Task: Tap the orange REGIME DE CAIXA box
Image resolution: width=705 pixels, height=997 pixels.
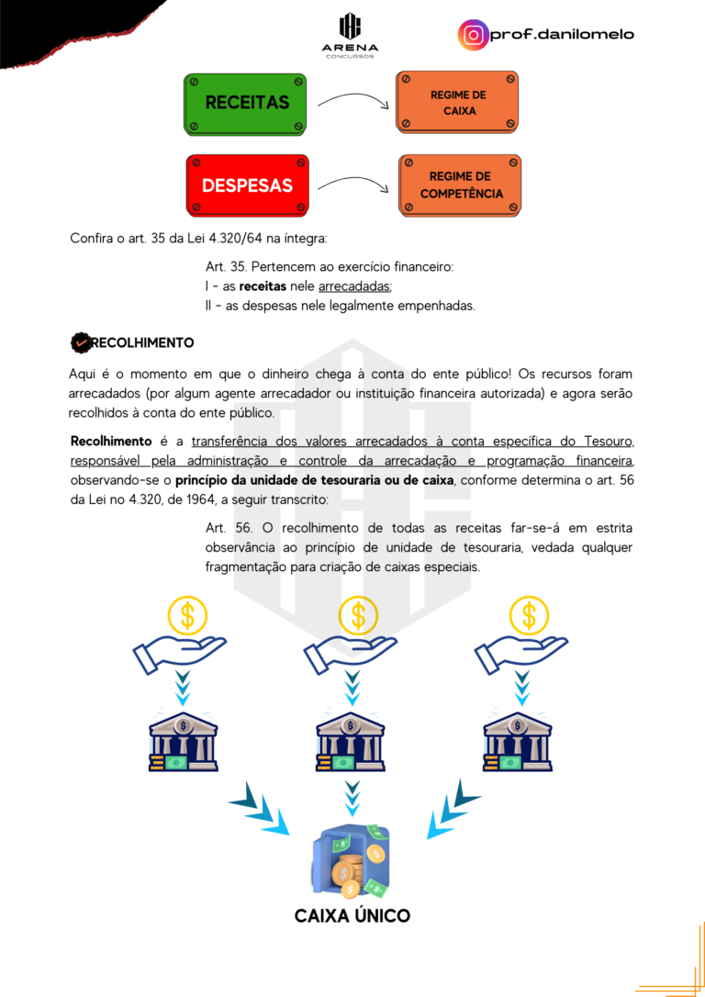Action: pyautogui.click(x=458, y=103)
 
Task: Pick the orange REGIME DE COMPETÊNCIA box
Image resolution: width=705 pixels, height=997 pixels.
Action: pyautogui.click(x=461, y=185)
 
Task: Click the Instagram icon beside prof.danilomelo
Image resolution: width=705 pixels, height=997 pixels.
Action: pyautogui.click(x=473, y=35)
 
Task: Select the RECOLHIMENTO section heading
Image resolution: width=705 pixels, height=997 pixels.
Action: pyautogui.click(x=142, y=342)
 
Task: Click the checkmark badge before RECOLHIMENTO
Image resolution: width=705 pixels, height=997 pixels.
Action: pyautogui.click(x=80, y=342)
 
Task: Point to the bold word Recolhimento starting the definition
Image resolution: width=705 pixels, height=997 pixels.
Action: pyautogui.click(x=110, y=441)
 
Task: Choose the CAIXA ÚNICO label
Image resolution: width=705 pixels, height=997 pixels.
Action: pyautogui.click(x=352, y=915)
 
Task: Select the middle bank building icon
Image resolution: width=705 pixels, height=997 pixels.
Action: pyautogui.click(x=351, y=740)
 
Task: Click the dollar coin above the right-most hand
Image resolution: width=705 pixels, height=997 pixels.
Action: pyautogui.click(x=529, y=614)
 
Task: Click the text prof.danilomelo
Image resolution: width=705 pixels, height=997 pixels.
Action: pyautogui.click(x=562, y=35)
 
